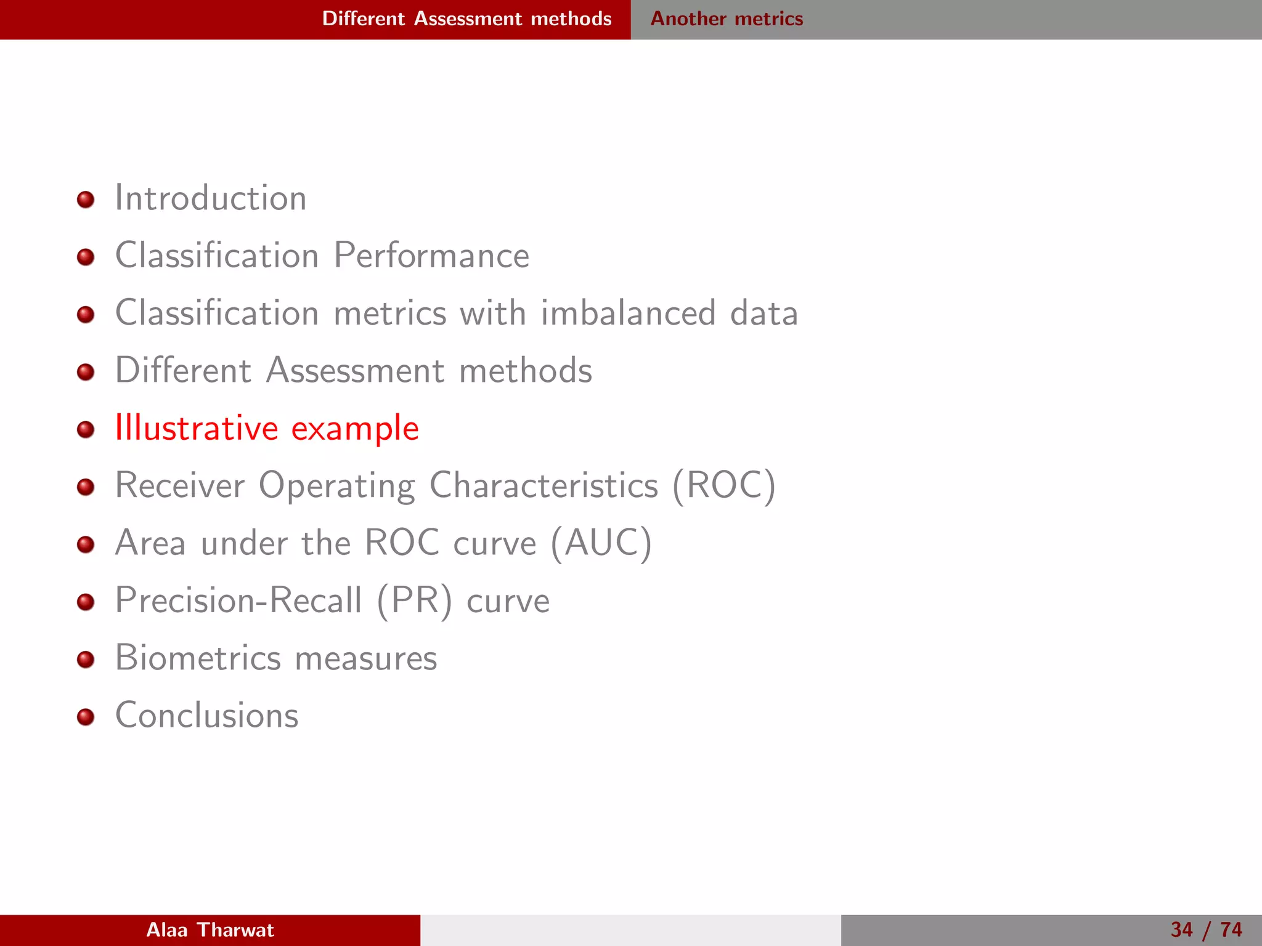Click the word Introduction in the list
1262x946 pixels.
click(211, 198)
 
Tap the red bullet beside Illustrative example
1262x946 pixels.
click(86, 429)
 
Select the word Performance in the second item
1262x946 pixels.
click(431, 256)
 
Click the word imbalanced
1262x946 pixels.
click(628, 313)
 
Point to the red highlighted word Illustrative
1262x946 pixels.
click(197, 428)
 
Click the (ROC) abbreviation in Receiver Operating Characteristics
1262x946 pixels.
click(723, 485)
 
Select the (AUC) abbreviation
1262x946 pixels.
click(601, 543)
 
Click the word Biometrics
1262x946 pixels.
click(198, 657)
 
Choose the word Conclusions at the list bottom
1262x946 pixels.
click(207, 715)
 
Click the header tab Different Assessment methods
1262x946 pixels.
click(466, 19)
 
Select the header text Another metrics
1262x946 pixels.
click(727, 19)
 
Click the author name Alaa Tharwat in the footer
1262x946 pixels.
click(210, 930)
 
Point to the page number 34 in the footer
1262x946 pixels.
click(1181, 930)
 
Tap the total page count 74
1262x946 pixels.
click(1231, 930)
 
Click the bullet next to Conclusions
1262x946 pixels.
click(86, 717)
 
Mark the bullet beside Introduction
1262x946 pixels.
click(86, 200)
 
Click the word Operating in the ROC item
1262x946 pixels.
click(336, 487)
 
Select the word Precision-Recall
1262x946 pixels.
click(238, 600)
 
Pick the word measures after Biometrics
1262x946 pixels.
click(366, 658)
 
